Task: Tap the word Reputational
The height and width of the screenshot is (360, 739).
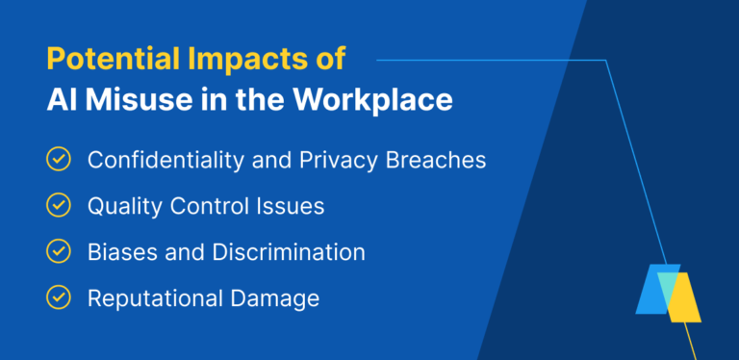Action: pyautogui.click(x=153, y=298)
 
